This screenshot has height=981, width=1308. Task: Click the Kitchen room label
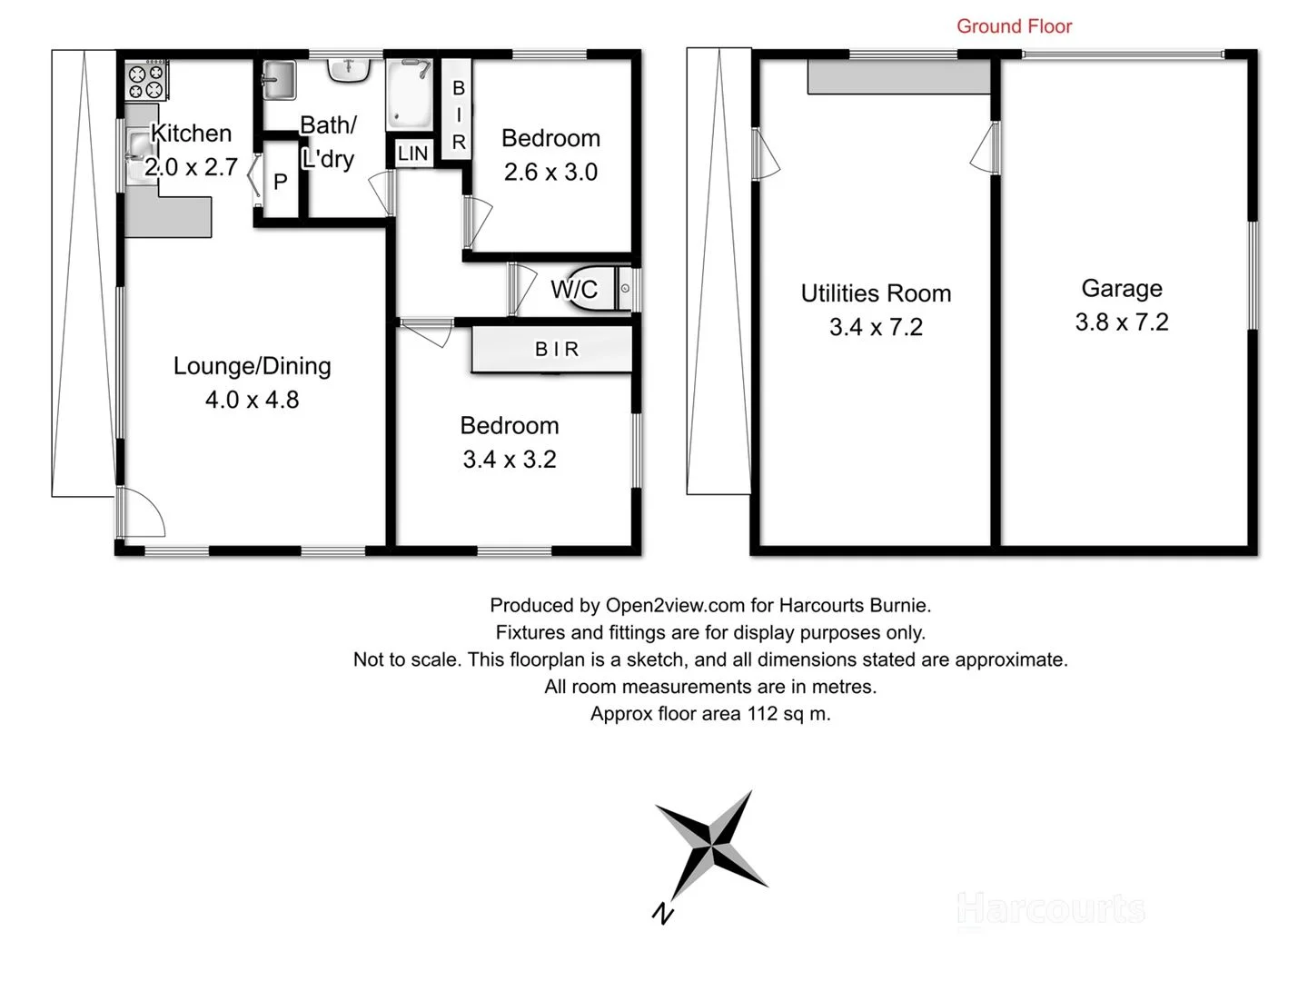(191, 134)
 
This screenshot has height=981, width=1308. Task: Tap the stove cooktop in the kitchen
(145, 81)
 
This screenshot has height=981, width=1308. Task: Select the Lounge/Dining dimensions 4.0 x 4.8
(252, 400)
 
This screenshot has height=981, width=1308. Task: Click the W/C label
(574, 290)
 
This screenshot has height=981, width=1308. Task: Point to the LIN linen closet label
(412, 154)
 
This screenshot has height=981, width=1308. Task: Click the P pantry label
(280, 182)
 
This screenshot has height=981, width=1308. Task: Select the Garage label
(1121, 289)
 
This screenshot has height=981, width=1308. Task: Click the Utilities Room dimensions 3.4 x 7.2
(876, 327)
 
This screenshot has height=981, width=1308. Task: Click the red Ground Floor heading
(1014, 26)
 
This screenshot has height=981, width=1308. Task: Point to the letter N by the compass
(663, 913)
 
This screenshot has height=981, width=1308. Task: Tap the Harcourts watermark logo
(1051, 908)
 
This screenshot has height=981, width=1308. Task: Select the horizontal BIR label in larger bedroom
(556, 349)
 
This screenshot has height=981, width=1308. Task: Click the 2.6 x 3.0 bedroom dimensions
(550, 173)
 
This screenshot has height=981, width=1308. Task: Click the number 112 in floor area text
(762, 714)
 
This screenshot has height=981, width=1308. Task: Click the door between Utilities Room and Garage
(986, 150)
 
